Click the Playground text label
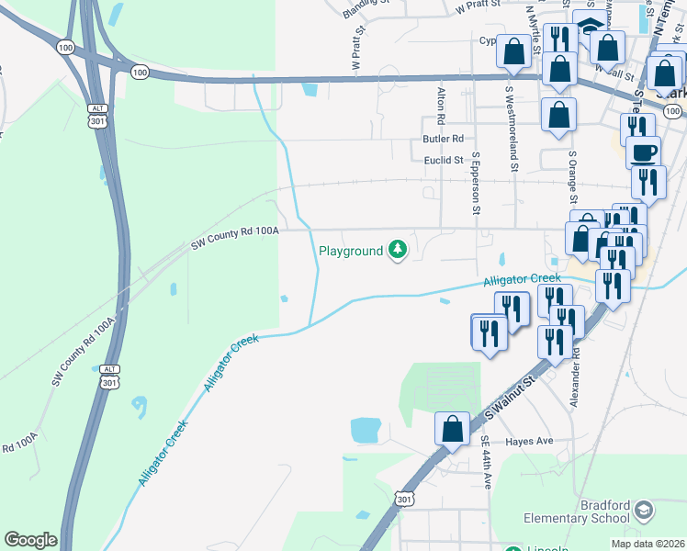pos(350,251)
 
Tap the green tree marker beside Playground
pos(398,250)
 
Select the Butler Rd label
pos(443,139)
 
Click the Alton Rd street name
pos(441,107)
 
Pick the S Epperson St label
pos(476,184)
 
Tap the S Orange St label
pos(572,179)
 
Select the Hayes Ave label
pos(529,441)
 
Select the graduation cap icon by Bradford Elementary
pos(645,509)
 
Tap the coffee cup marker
pos(644,152)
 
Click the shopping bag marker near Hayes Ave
pos(452,429)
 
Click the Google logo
pos(30,540)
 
